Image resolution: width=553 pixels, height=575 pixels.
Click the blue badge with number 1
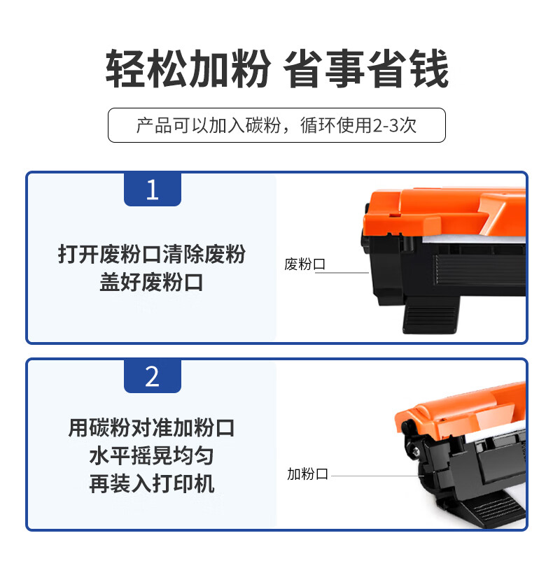pyautogui.click(x=153, y=190)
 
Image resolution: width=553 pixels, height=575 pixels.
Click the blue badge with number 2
pyautogui.click(x=153, y=376)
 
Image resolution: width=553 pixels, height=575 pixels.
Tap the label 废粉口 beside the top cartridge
pyautogui.click(x=304, y=264)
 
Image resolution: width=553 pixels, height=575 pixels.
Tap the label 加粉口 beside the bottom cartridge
pyautogui.click(x=307, y=474)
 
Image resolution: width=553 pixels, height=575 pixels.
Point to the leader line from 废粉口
pyautogui.click(x=342, y=273)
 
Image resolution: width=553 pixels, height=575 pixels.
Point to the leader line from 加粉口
pyautogui.click(x=377, y=476)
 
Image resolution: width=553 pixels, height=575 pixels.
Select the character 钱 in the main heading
pyautogui.click(x=428, y=69)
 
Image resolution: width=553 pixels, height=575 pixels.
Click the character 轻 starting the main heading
pyautogui.click(x=126, y=69)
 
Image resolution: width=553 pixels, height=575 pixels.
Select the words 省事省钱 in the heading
pyautogui.click(x=366, y=69)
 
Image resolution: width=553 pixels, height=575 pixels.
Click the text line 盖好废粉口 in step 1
pyautogui.click(x=151, y=283)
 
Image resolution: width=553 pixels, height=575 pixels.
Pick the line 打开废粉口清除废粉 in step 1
pyautogui.click(x=152, y=254)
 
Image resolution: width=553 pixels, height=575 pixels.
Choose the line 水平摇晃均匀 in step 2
pyautogui.click(x=151, y=456)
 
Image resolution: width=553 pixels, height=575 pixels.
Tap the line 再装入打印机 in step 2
pyautogui.click(x=152, y=484)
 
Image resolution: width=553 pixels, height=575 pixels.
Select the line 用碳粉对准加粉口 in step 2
pyautogui.click(x=151, y=427)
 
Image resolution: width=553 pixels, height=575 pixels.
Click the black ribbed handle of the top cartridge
pyautogui.click(x=430, y=315)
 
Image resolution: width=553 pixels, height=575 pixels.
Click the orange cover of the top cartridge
pyautogui.click(x=444, y=213)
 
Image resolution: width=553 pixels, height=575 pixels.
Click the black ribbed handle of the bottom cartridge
pyautogui.click(x=491, y=509)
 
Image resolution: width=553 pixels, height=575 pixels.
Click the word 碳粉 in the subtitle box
pyautogui.click(x=262, y=125)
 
